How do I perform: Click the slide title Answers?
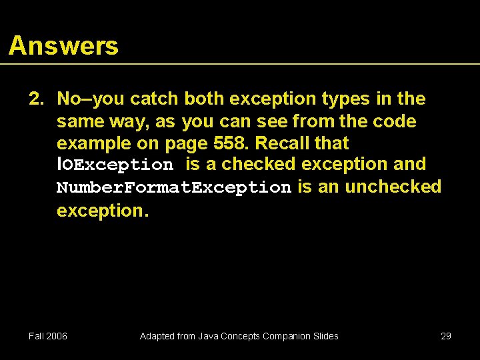pos(63,46)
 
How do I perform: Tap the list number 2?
pos(35,99)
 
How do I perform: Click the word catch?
pos(154,99)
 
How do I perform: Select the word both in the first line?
pos(205,99)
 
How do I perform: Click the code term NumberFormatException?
pos(174,188)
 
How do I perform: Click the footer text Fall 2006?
pos(48,336)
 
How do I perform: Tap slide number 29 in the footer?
pos(446,336)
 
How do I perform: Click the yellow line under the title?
pos(240,64)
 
